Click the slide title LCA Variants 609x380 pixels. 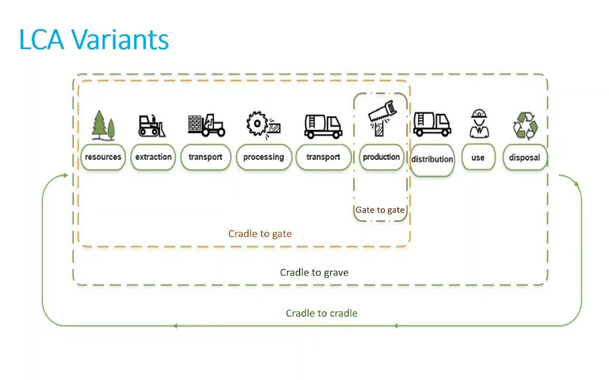[x=94, y=40]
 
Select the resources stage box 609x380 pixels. [x=103, y=157]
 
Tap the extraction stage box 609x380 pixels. [x=153, y=157]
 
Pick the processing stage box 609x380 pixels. [x=263, y=157]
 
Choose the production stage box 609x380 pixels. [x=381, y=157]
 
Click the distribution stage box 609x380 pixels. [x=432, y=159]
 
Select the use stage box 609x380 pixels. [x=477, y=157]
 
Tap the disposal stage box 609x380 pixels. [x=524, y=157]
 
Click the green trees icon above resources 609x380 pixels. [x=103, y=125]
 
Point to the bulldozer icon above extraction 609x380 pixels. [x=152, y=126]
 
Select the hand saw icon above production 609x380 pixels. [x=381, y=117]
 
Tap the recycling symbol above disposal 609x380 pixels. [x=525, y=125]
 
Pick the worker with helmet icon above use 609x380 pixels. [x=478, y=124]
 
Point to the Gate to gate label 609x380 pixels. [x=380, y=210]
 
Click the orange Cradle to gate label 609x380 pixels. [x=260, y=233]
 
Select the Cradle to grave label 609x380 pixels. [x=314, y=272]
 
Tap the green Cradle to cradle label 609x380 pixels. [x=321, y=313]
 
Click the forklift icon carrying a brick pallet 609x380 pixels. [x=206, y=125]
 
